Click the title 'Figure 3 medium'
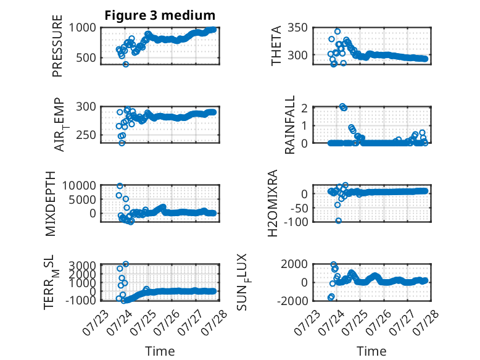coord(160,15)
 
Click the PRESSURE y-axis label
coord(57,46)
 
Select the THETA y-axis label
coord(276,46)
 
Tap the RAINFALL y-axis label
coord(289,125)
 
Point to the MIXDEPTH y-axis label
coord(50,204)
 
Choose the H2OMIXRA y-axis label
coord(272,203)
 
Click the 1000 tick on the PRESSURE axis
coord(82,28)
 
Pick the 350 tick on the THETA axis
coord(297,28)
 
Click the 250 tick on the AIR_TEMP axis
coord(86,135)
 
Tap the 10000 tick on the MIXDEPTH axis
coord(79,185)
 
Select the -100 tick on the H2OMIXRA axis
coord(296,221)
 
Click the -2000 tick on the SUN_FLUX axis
coord(292,301)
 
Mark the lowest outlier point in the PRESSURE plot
coord(125,64)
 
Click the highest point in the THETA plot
coord(337,31)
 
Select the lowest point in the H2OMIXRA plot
coord(338,220)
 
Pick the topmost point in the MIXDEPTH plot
coord(120,186)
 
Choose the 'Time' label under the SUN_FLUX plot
coord(371,351)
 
